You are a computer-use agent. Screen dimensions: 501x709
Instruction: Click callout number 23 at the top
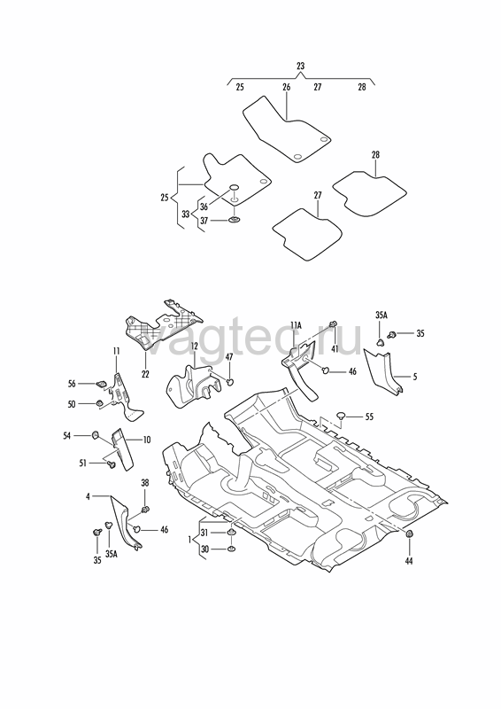pos(300,66)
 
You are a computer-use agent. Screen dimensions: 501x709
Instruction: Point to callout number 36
pos(204,206)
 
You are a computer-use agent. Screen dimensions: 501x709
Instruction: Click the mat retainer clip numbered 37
pos(234,220)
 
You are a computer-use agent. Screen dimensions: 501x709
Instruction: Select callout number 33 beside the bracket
pos(186,214)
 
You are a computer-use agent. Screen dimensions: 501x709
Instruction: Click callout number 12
pos(194,347)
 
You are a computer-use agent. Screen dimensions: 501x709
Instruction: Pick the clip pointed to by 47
pos(230,382)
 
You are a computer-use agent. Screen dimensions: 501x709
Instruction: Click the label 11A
pos(296,324)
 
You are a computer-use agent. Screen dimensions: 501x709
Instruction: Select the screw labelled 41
pos(334,323)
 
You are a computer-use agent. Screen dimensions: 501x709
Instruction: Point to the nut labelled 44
pos(410,534)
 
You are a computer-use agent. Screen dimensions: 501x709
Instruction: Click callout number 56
pos(72,384)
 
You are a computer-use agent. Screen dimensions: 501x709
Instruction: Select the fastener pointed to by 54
pos(96,435)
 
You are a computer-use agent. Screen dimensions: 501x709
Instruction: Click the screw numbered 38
pos(145,510)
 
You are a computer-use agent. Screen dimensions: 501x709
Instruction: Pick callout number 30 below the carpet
pos(204,549)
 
